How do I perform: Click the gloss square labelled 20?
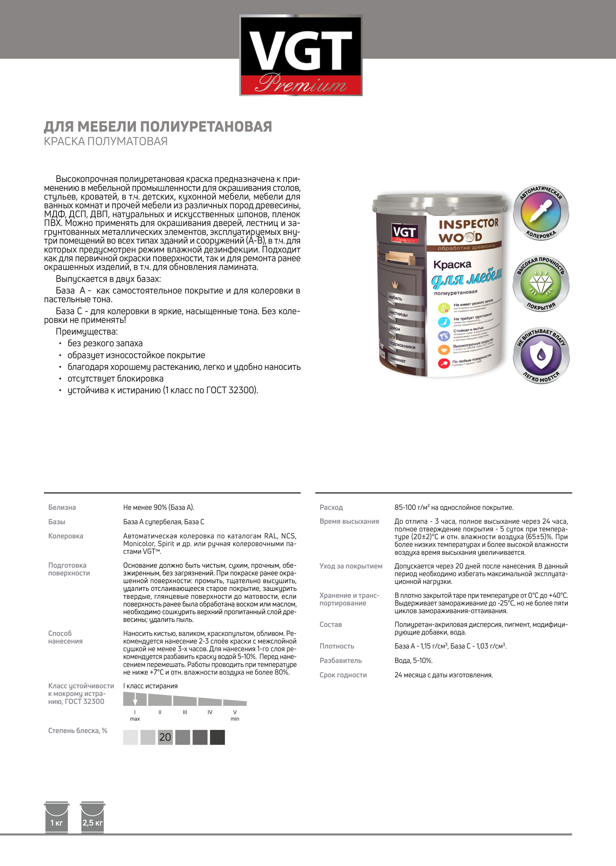click(x=165, y=737)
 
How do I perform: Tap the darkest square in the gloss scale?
click(x=217, y=737)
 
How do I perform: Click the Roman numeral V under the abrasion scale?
click(x=235, y=712)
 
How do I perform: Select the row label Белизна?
click(x=62, y=507)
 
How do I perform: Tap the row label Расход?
click(x=331, y=507)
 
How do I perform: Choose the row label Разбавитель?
click(x=341, y=660)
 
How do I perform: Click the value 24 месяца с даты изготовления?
click(x=443, y=675)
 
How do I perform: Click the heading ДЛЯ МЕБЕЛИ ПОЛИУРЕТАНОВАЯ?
click(x=158, y=126)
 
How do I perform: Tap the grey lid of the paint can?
click(x=440, y=200)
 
